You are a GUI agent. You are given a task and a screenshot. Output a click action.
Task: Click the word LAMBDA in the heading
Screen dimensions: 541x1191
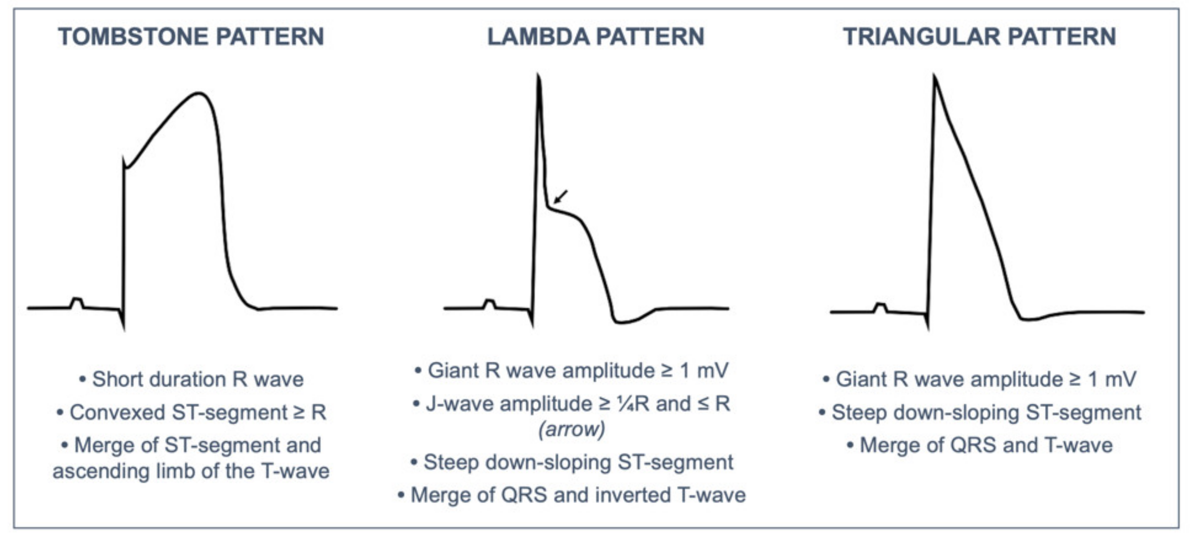click(538, 37)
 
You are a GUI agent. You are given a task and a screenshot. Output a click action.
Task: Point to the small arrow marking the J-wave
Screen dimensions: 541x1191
click(560, 196)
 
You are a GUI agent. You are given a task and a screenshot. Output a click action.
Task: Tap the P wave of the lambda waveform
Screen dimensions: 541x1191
click(490, 303)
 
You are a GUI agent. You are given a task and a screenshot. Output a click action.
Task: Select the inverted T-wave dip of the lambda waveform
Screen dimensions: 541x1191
click(622, 321)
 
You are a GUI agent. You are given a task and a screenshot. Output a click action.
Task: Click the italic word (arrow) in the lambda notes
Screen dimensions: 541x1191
click(571, 429)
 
